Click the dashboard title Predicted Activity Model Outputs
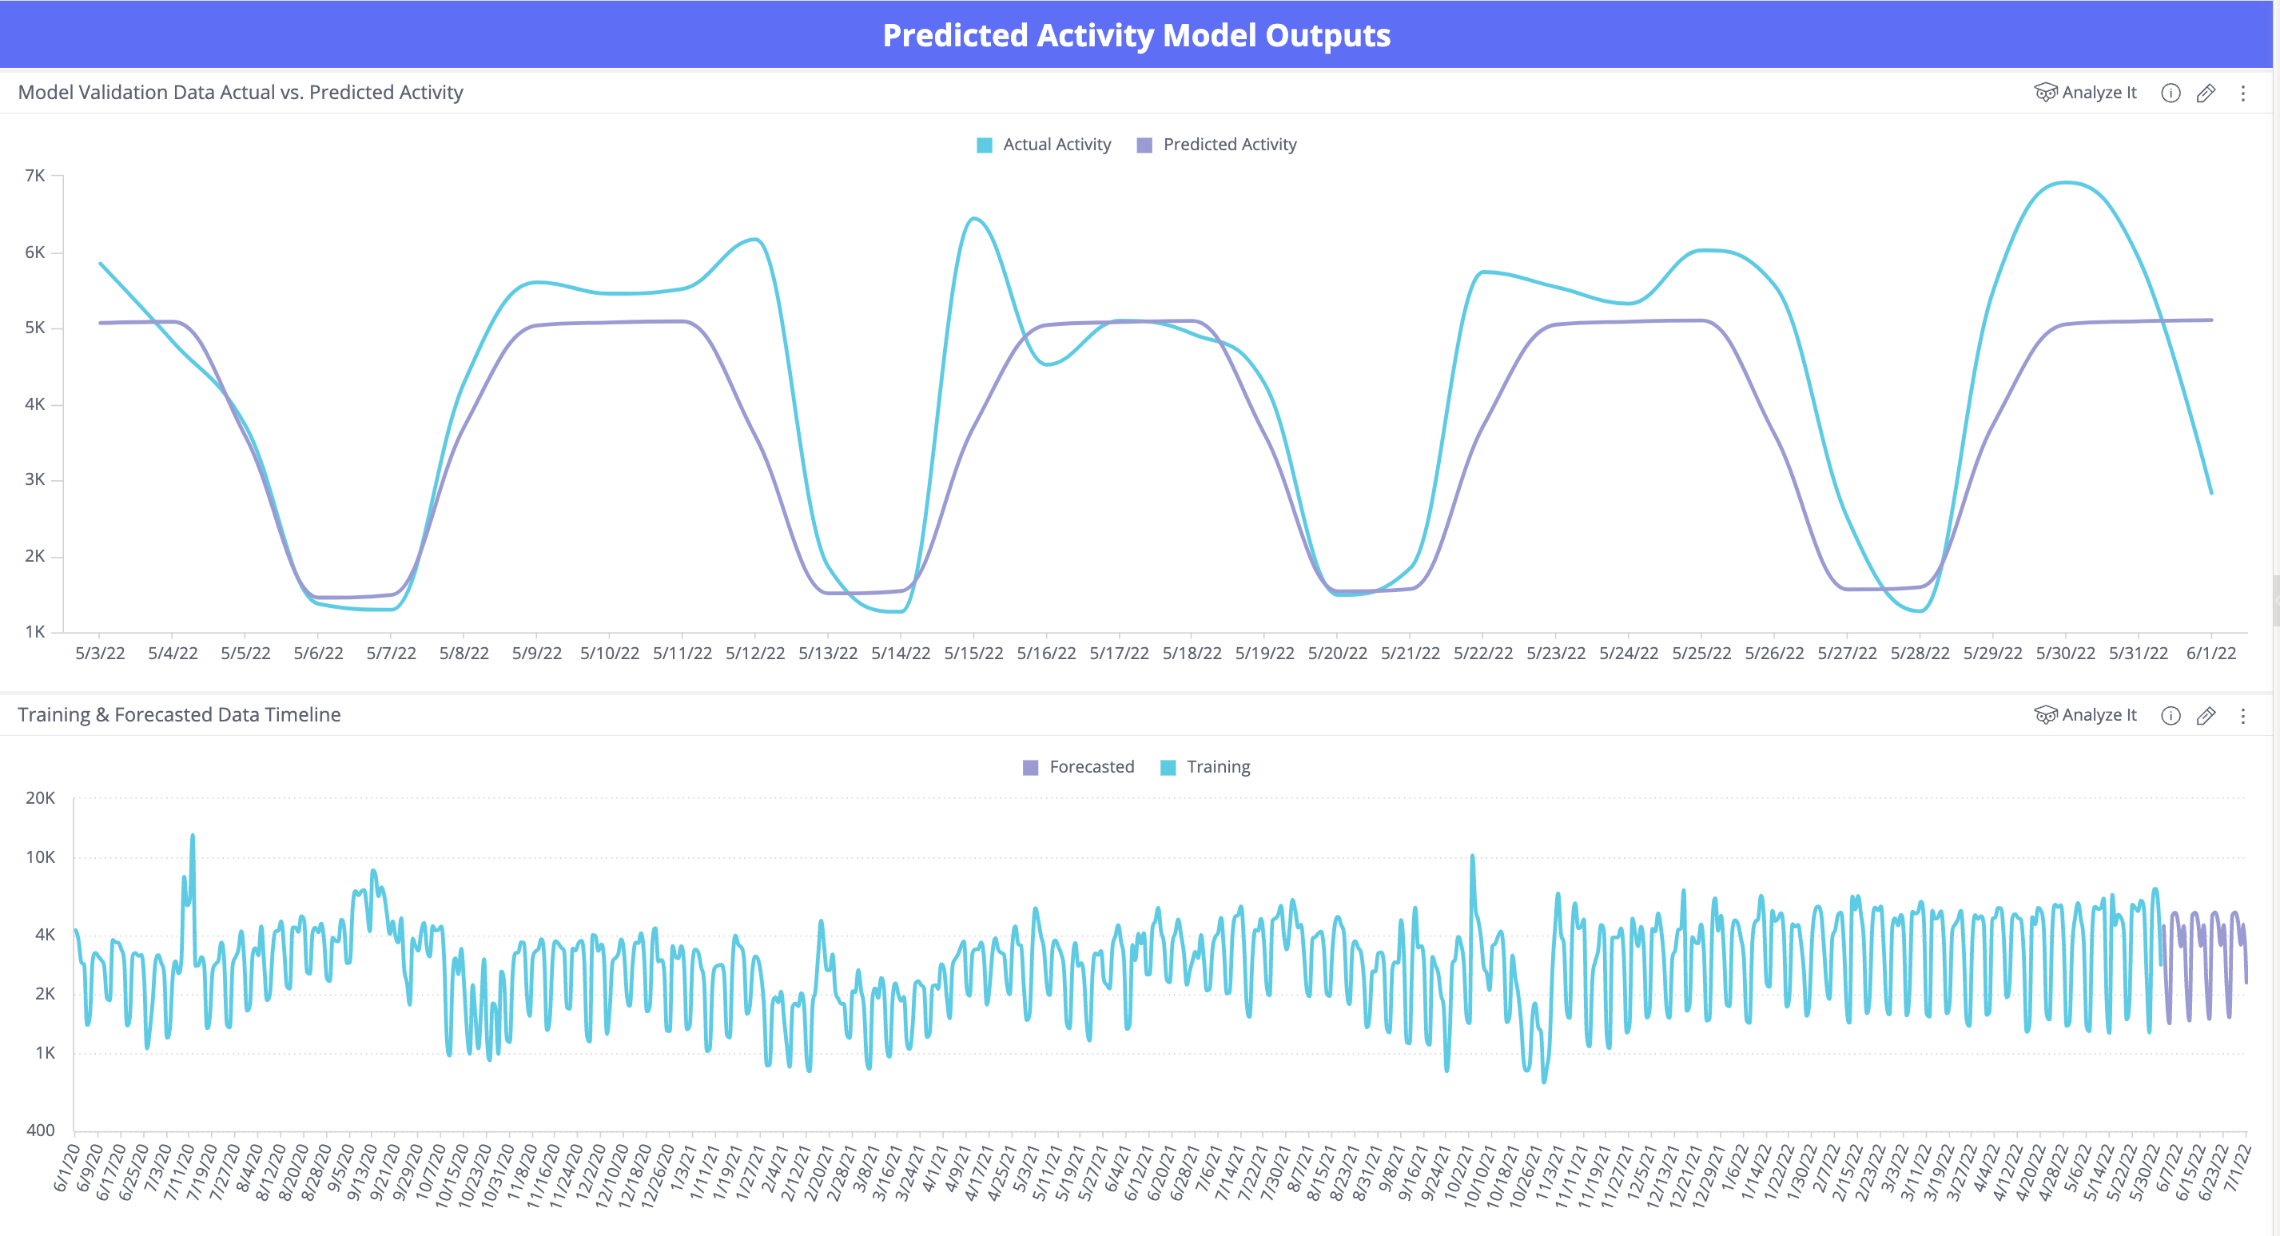[1136, 35]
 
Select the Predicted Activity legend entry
[1217, 145]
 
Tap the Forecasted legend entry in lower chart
[1079, 766]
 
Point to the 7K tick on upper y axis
[35, 175]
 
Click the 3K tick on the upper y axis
[35, 479]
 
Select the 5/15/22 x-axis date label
[973, 653]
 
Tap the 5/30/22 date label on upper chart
[2065, 653]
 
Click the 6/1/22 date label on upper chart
[2211, 653]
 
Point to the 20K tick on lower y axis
[41, 797]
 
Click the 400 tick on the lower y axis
[41, 1130]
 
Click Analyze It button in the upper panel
[2086, 92]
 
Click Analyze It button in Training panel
[2086, 715]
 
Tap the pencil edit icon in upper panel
[2206, 93]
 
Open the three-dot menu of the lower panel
[2242, 716]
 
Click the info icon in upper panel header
[2171, 93]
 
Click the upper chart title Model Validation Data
[241, 92]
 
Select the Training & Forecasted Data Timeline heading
[179, 715]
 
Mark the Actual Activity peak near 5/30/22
[2065, 182]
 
